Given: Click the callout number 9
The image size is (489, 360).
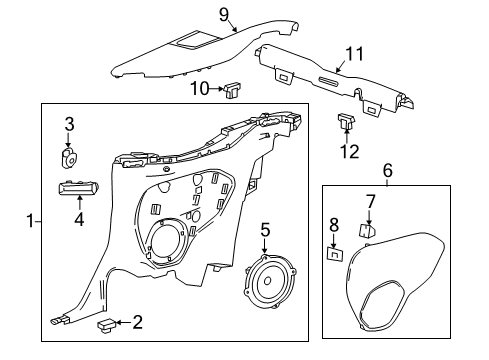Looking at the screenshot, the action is click(x=224, y=15).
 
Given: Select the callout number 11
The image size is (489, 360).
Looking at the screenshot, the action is click(x=355, y=54).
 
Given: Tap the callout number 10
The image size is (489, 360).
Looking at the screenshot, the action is click(x=200, y=89).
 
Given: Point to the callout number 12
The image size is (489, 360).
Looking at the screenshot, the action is click(x=349, y=151).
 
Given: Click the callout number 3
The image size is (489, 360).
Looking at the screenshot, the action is click(x=69, y=124).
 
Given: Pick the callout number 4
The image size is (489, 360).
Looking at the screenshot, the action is click(x=79, y=219).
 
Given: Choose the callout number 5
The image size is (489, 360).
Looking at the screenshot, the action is click(x=265, y=230).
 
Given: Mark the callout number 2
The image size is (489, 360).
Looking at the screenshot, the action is click(x=138, y=322).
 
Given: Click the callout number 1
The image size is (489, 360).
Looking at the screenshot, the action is click(x=30, y=221).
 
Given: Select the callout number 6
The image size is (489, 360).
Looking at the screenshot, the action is click(x=388, y=171).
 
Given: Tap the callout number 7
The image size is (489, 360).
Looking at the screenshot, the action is click(x=371, y=201).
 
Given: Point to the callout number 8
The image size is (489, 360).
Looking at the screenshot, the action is click(x=334, y=224).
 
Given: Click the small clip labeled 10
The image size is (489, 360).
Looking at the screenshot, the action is click(x=233, y=91).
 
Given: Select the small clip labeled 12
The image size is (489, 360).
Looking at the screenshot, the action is click(x=346, y=121).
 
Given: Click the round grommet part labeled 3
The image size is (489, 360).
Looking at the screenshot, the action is click(x=70, y=157).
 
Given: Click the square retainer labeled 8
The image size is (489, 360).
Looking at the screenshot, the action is click(x=335, y=254).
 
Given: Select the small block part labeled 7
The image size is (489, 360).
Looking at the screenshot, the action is click(x=367, y=230).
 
